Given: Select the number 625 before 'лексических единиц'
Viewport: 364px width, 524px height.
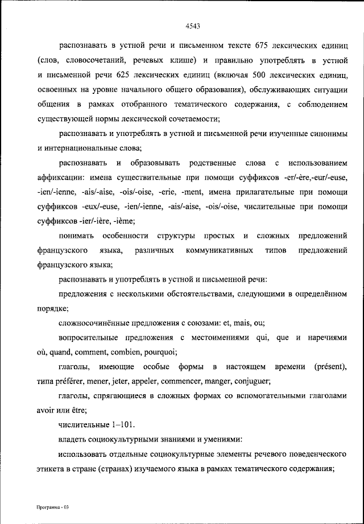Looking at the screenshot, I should [126, 75].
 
